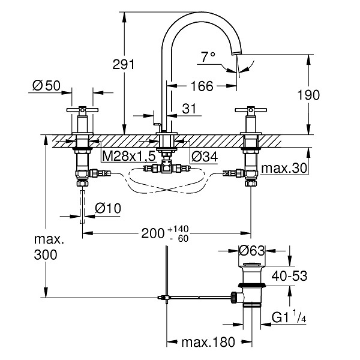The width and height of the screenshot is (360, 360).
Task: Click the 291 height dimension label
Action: [x=123, y=65]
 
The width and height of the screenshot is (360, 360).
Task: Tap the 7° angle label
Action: [x=208, y=57]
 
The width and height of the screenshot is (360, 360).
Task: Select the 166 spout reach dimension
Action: [x=202, y=86]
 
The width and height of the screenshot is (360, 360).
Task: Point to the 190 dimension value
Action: [x=308, y=95]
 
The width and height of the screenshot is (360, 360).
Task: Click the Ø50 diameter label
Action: [x=46, y=86]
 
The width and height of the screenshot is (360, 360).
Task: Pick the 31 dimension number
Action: [x=190, y=109]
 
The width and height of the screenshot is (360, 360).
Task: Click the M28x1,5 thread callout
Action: [x=129, y=157]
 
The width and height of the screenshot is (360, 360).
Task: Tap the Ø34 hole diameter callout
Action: [x=205, y=157]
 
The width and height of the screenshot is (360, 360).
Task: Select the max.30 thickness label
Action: [x=284, y=168]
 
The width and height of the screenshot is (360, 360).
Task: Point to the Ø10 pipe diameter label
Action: [x=108, y=208]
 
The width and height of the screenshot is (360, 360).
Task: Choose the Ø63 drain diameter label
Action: [x=252, y=250]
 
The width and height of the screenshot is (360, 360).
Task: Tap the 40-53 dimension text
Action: [x=289, y=276]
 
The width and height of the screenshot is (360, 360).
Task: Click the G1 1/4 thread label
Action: [x=289, y=317]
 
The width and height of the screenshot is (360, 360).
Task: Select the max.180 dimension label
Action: [x=208, y=343]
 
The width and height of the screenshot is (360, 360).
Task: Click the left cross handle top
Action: [x=82, y=110]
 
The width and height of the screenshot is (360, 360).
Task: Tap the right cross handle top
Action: [x=251, y=110]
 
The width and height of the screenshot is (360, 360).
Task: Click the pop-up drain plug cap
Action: [x=251, y=264]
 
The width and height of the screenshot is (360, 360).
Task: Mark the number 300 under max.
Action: [x=46, y=255]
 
